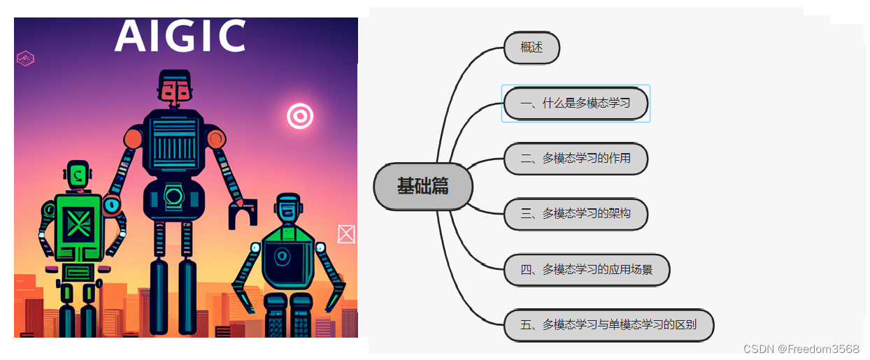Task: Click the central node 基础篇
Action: click(x=423, y=186)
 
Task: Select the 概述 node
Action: click(x=532, y=48)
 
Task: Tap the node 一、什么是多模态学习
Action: click(x=576, y=103)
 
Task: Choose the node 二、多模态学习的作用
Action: click(x=576, y=159)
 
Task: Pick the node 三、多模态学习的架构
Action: click(x=576, y=214)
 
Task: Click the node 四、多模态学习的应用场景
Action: click(x=587, y=270)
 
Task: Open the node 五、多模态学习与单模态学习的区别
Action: click(x=608, y=325)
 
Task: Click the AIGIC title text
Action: click(x=180, y=36)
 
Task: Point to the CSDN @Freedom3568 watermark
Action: click(x=801, y=349)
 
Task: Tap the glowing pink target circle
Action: click(x=300, y=116)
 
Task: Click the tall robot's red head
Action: click(x=175, y=87)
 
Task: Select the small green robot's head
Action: click(x=78, y=174)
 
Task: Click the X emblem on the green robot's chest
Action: click(x=78, y=225)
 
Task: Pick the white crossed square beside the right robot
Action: click(x=345, y=234)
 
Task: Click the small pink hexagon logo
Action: click(x=26, y=59)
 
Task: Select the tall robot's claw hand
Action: click(x=242, y=213)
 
